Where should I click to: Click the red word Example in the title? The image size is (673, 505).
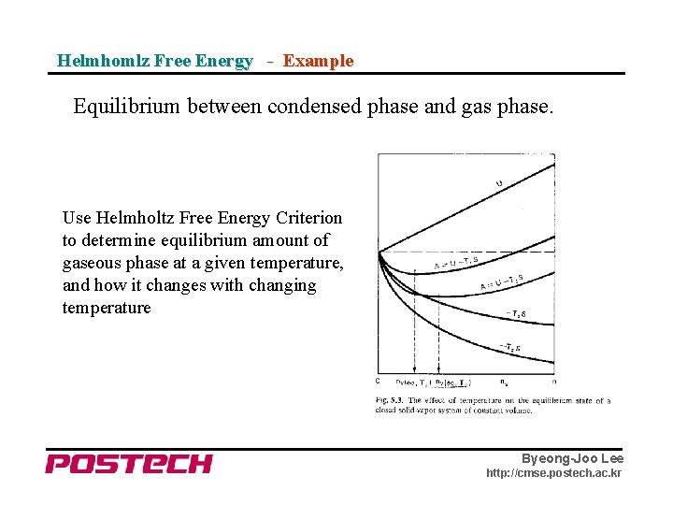(318, 61)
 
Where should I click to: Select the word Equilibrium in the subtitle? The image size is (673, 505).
(127, 108)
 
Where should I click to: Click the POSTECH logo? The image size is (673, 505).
(129, 464)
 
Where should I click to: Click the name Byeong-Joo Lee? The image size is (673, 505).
(572, 458)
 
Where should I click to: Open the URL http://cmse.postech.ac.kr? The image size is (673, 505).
(553, 473)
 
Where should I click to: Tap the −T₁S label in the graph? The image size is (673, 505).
(517, 314)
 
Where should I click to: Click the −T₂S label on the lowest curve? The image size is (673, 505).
(510, 348)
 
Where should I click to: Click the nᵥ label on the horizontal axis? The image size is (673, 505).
(506, 382)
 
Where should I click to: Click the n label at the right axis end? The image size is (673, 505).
(554, 382)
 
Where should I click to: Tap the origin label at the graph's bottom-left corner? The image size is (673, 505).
(377, 381)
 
